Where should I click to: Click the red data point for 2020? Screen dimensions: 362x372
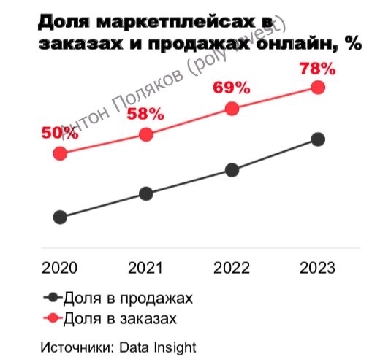[x=61, y=153]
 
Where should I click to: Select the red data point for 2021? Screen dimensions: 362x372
[x=146, y=134]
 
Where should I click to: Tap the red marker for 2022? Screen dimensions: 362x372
[x=232, y=109]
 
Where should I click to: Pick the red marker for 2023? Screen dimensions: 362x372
[x=318, y=87]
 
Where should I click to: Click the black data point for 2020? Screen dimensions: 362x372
[x=61, y=217]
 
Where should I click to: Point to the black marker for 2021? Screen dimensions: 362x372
[x=146, y=193]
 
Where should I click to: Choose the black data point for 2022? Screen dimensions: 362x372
[x=232, y=170]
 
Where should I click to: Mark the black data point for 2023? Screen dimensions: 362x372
[x=318, y=139]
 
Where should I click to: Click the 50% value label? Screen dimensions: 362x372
[x=60, y=133]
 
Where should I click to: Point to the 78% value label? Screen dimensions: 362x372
[x=317, y=69]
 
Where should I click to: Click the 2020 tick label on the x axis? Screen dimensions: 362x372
[x=61, y=268]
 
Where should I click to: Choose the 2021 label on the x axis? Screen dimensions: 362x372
[x=146, y=268]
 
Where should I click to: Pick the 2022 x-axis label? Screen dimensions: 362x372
[x=232, y=268]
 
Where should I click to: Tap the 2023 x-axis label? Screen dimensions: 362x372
[x=318, y=268]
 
